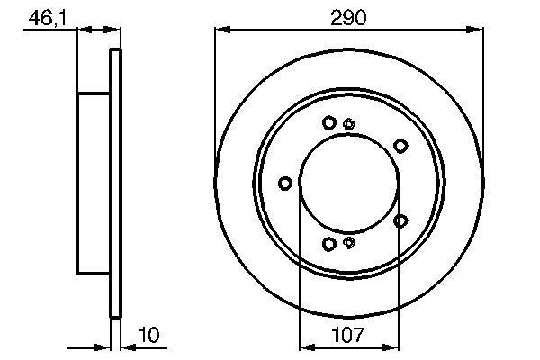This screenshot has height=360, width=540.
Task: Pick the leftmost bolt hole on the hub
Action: coord(286,184)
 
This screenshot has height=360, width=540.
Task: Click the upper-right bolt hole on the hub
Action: coord(399,144)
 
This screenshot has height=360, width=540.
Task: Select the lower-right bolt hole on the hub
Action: coord(400,220)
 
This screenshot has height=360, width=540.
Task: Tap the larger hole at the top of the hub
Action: coord(329,122)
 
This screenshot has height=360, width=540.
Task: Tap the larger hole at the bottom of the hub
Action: coord(329,244)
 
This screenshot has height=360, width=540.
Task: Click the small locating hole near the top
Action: coord(350,124)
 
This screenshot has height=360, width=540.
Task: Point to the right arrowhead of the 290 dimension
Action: coord(478,30)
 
